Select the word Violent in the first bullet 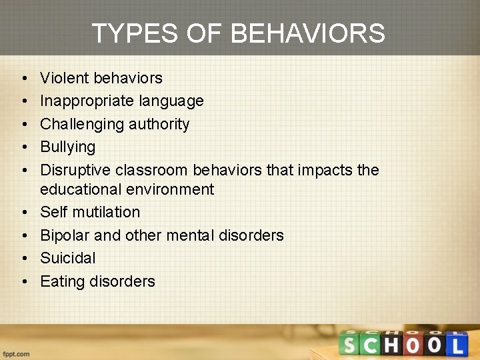65,78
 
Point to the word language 171,101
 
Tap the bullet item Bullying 67,147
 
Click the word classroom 155,170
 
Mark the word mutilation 105,212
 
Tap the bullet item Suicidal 67,258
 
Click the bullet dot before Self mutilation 23,212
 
